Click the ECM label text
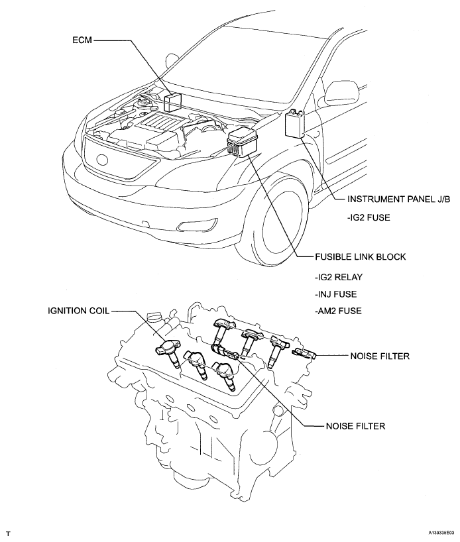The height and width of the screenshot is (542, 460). (x=82, y=40)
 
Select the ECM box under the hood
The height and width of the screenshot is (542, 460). (x=173, y=101)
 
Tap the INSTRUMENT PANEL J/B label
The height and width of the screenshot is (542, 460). (x=399, y=199)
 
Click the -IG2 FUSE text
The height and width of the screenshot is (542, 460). (x=369, y=218)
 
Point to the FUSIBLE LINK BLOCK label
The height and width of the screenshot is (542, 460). (x=361, y=257)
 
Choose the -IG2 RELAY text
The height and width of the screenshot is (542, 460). (x=339, y=277)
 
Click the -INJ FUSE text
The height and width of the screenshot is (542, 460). (x=335, y=294)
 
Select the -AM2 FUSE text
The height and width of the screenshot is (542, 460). (x=338, y=311)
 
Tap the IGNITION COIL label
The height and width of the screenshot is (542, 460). (x=78, y=311)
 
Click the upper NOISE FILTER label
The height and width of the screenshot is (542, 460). (x=380, y=356)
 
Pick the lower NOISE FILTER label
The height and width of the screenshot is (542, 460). (x=355, y=426)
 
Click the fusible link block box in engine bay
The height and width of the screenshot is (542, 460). (x=241, y=142)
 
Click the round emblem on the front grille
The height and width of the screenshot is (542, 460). (x=102, y=159)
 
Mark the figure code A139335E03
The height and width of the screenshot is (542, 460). (x=441, y=533)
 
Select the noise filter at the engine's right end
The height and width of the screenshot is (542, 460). (x=304, y=353)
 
